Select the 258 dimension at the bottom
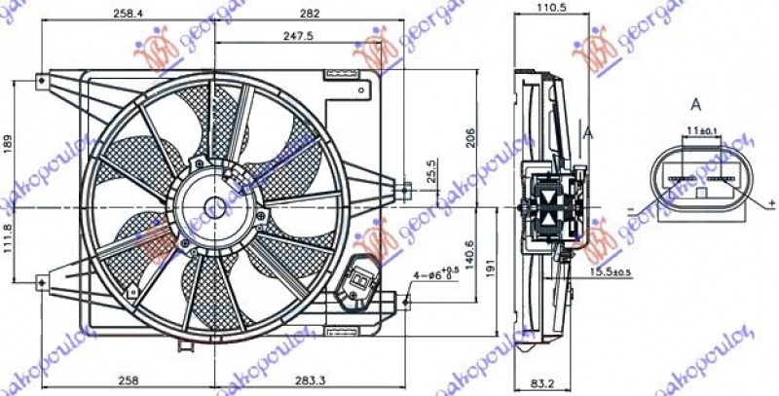(126, 382)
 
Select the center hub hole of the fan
(216, 207)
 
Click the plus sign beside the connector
(771, 201)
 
